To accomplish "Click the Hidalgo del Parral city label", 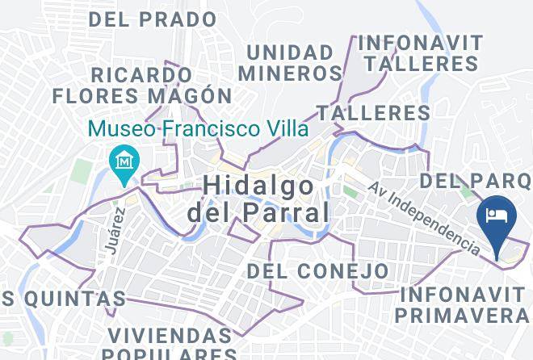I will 258,199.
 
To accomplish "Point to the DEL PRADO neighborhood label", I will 153,19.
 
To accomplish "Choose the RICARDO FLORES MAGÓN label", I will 142,85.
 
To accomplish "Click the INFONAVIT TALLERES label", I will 420,52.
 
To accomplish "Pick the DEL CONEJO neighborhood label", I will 317,270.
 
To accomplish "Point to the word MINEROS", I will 294,73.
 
